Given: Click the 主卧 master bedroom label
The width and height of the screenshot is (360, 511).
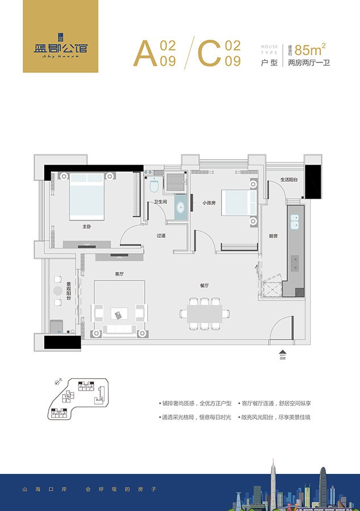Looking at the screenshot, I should [86, 227].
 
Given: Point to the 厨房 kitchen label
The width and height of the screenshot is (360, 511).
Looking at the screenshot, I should [273, 236].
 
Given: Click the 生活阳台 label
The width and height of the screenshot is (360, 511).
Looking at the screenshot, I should [289, 180].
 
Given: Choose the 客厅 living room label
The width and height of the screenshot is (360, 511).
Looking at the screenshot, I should [119, 274].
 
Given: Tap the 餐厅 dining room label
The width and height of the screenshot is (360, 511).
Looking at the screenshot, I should [205, 286].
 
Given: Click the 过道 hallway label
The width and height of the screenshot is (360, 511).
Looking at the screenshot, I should [161, 236].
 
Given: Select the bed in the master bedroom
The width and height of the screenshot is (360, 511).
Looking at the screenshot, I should [87, 196].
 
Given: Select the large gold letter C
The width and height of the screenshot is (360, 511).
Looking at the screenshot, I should [208, 54].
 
